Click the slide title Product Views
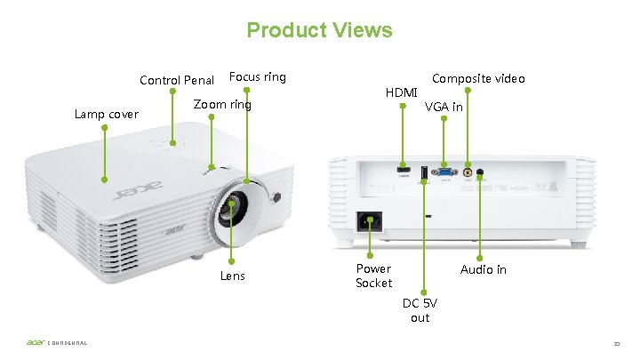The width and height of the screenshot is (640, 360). tap(319, 30)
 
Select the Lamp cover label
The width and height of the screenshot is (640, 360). tap(107, 114)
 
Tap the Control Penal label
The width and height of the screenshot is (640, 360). tap(177, 81)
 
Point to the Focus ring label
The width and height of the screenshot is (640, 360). tap(258, 76)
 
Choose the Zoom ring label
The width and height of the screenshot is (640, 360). tap(222, 105)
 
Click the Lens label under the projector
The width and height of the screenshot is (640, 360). tap(233, 276)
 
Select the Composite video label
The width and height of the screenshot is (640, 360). tap(478, 78)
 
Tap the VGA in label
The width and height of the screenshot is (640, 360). tap(444, 107)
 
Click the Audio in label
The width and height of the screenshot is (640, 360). tap(483, 269)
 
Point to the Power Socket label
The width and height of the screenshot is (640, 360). tap(373, 276)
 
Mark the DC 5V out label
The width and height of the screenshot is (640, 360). tap(420, 310)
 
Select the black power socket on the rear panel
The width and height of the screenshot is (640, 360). tap(370, 220)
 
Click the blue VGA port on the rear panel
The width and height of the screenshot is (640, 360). tap(445, 172)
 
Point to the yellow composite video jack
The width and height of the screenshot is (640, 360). tap(468, 171)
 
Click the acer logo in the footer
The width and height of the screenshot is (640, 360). tap(36, 344)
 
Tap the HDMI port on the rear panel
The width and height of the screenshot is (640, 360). tap(403, 169)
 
